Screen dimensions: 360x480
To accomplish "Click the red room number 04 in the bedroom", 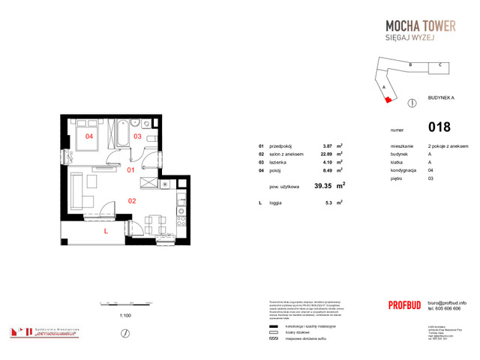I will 88,136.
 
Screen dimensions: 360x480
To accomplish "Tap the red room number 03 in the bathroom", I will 137,136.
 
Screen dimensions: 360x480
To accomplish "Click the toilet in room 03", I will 150,139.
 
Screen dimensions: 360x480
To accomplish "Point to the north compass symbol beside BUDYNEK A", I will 411,102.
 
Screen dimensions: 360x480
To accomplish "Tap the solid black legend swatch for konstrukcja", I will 272,326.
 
